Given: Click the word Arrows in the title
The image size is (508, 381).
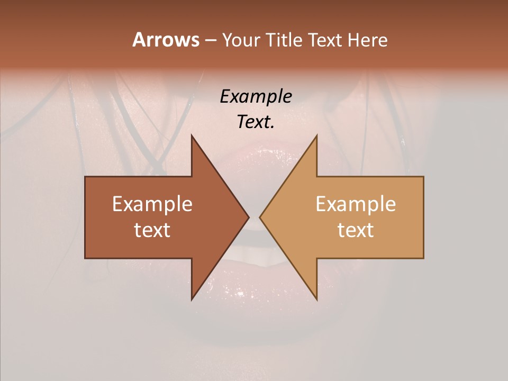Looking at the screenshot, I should coord(166,40).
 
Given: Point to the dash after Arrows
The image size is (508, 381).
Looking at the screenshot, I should coord(210,40).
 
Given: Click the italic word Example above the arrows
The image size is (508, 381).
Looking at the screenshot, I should coord(256,97).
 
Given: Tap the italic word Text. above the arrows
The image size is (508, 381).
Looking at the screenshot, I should coord(256,122).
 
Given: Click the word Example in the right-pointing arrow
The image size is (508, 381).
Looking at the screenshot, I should coord(152,204).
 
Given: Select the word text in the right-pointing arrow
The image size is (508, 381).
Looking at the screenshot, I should coord(152,230).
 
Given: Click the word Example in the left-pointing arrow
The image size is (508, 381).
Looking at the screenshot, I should coord(356,204).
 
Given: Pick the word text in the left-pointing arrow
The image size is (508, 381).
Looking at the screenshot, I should coord(356,230).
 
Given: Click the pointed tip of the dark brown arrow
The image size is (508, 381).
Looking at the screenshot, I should coord(249,217).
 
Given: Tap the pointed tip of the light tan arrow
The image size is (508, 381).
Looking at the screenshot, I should coord(260,217).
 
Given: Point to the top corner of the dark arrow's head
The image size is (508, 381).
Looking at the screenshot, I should coord(192,135).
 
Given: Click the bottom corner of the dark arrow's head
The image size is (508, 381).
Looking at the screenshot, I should coord(192,300).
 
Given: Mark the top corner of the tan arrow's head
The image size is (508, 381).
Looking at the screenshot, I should coord(317,135).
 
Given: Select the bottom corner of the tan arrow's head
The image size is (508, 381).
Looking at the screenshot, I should coord(317,300).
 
